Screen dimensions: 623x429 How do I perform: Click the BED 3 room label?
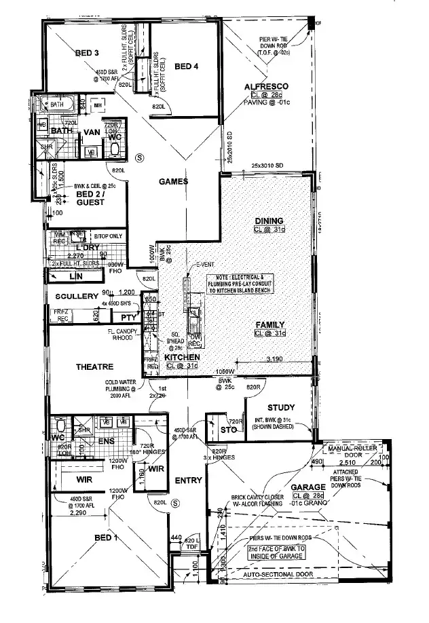pos(88,53)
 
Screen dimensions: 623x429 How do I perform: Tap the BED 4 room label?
pos(187,66)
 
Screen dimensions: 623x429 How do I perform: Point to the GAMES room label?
pos(173,181)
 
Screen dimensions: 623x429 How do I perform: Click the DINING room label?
pos(268,221)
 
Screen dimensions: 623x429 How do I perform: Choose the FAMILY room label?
pos(270,324)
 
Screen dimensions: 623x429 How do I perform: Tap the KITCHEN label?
pos(182,357)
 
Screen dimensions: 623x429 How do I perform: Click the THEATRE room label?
pos(94,366)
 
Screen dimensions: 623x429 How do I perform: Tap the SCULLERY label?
pos(78,297)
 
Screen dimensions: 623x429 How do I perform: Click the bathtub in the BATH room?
pos(60,105)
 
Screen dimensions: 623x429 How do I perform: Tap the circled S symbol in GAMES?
pos(141,156)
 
